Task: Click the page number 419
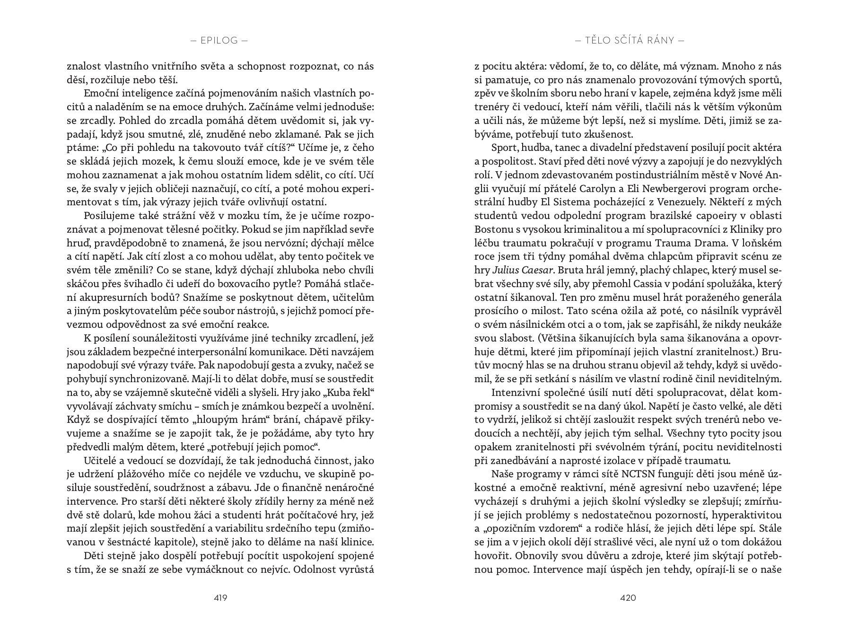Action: (220, 597)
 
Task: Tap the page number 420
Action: (628, 597)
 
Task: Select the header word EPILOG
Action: (219, 40)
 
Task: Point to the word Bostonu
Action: (493, 229)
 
